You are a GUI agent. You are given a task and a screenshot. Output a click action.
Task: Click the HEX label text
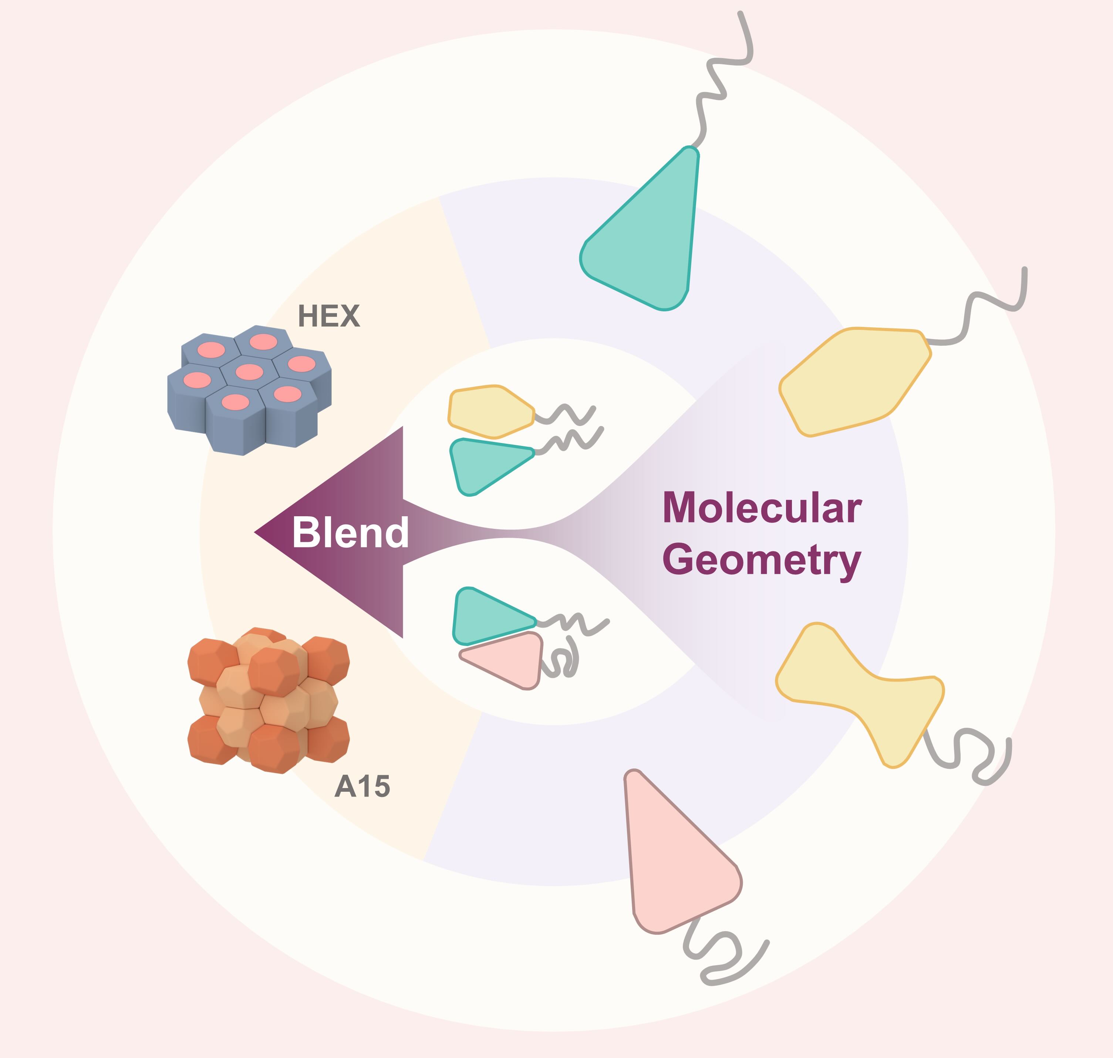click(x=328, y=317)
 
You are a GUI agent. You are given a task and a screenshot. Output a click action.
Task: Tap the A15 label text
click(x=362, y=786)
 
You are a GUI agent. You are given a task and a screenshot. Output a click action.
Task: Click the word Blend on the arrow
click(x=350, y=533)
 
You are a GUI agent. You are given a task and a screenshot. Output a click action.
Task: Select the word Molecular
click(x=762, y=508)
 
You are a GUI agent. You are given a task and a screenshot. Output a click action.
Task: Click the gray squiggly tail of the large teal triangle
click(x=719, y=79)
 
